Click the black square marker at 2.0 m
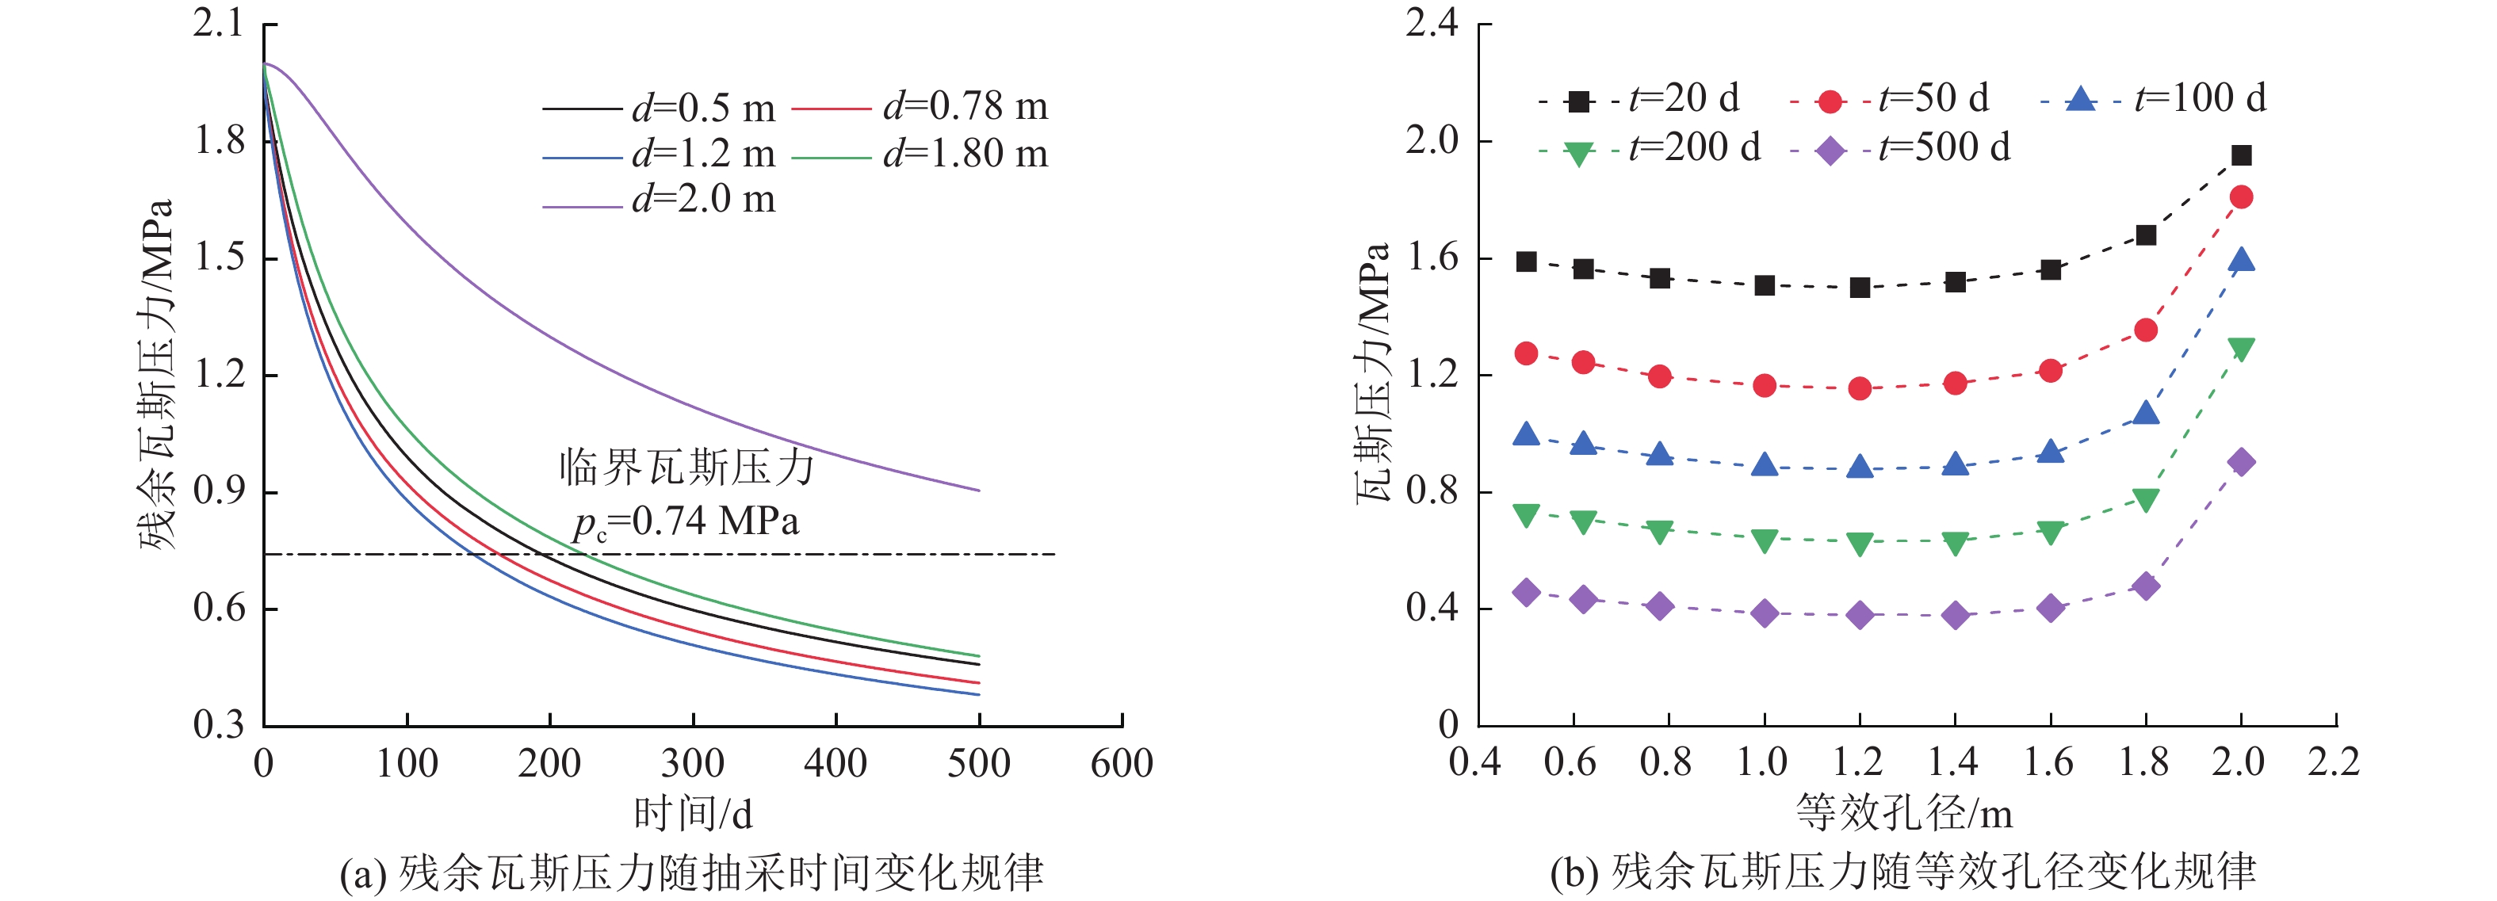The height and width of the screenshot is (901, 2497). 2240,155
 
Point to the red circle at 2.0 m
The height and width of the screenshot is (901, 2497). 2240,197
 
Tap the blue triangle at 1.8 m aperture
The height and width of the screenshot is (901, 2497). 2145,414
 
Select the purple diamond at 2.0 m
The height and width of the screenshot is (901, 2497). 2240,461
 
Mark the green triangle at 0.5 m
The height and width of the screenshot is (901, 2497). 1526,514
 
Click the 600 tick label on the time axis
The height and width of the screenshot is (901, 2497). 1122,763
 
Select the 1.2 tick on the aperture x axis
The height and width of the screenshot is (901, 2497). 1857,762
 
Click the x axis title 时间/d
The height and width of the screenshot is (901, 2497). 692,814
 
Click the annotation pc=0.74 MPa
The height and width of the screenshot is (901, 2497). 686,522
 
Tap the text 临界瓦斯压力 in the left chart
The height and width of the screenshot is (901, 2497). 686,468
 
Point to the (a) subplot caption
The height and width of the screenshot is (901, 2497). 691,872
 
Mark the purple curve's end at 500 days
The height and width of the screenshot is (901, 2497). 978,491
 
